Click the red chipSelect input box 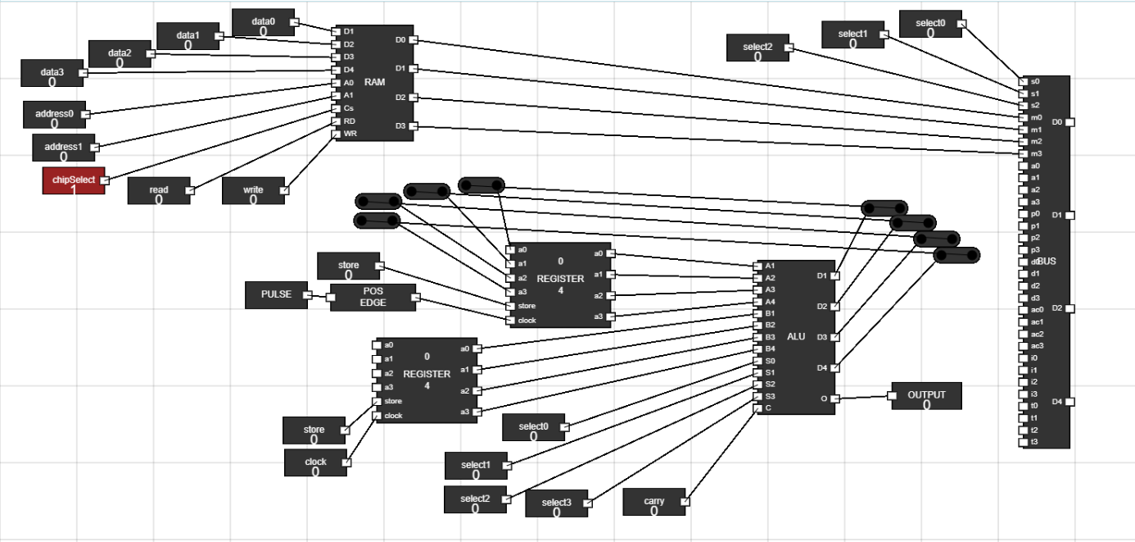click(73, 180)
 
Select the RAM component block click(373, 82)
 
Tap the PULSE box click(276, 295)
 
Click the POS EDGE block click(373, 298)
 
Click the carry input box click(653, 502)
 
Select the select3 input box click(556, 503)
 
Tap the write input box click(253, 191)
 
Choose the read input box click(158, 191)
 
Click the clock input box click(315, 462)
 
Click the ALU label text click(796, 337)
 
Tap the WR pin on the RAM click(336, 134)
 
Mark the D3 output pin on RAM click(413, 126)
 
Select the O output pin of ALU click(834, 399)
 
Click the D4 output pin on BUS click(1069, 402)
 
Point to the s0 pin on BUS click(1024, 82)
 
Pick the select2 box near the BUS click(757, 48)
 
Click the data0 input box click(263, 23)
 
